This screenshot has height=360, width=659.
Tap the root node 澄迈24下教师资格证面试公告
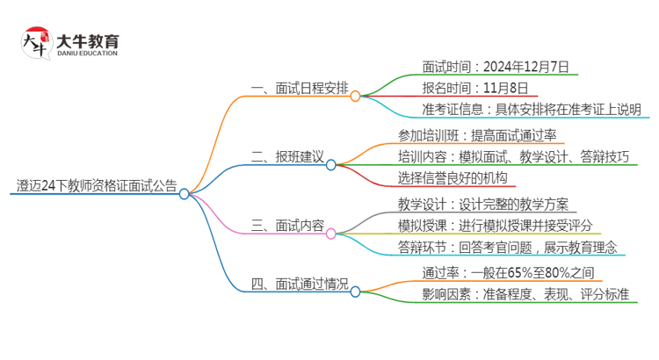96,186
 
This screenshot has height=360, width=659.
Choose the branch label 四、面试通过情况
299,284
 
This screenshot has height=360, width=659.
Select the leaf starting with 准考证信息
519,110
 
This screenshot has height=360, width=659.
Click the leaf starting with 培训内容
513,157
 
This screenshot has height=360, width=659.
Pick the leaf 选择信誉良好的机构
453,179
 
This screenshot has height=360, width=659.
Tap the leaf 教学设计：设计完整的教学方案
482,205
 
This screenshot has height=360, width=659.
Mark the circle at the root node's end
185,195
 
